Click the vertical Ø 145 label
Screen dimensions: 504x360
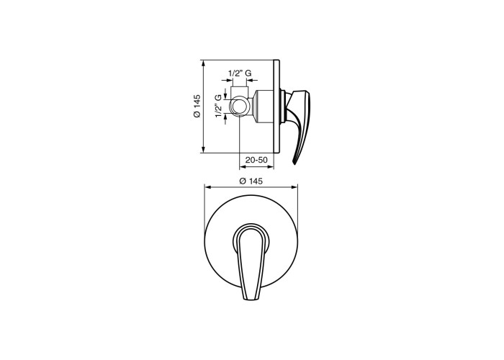[197, 106]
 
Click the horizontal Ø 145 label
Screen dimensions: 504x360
[251, 181]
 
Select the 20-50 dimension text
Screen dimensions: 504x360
[256, 160]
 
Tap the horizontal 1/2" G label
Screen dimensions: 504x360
[240, 73]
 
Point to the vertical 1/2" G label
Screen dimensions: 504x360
[219, 106]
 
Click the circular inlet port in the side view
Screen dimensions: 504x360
[240, 106]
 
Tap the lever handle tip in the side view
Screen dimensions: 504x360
[294, 162]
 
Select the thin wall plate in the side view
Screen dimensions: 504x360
[276, 107]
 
